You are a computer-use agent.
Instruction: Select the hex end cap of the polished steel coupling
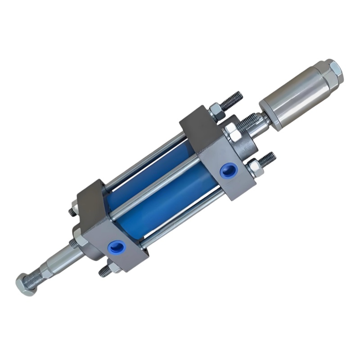(x=334, y=71)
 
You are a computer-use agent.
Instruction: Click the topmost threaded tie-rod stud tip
(x=236, y=98)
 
